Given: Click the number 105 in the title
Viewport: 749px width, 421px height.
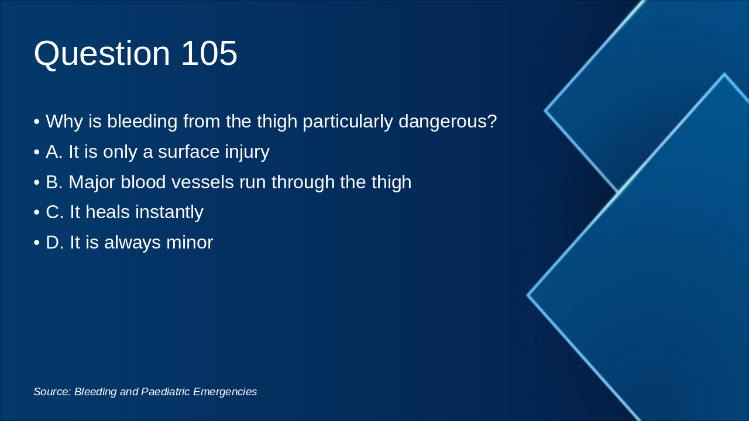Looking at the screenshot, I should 209,54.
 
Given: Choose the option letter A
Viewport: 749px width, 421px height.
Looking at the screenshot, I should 54,152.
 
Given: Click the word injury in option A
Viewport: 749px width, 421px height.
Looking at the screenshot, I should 247,152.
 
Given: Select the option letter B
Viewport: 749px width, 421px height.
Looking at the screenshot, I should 54,182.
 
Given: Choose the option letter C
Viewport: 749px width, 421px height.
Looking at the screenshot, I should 54,212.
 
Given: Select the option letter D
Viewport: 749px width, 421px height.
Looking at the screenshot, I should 54,243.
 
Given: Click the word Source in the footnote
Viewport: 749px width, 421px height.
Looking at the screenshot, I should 51,392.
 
